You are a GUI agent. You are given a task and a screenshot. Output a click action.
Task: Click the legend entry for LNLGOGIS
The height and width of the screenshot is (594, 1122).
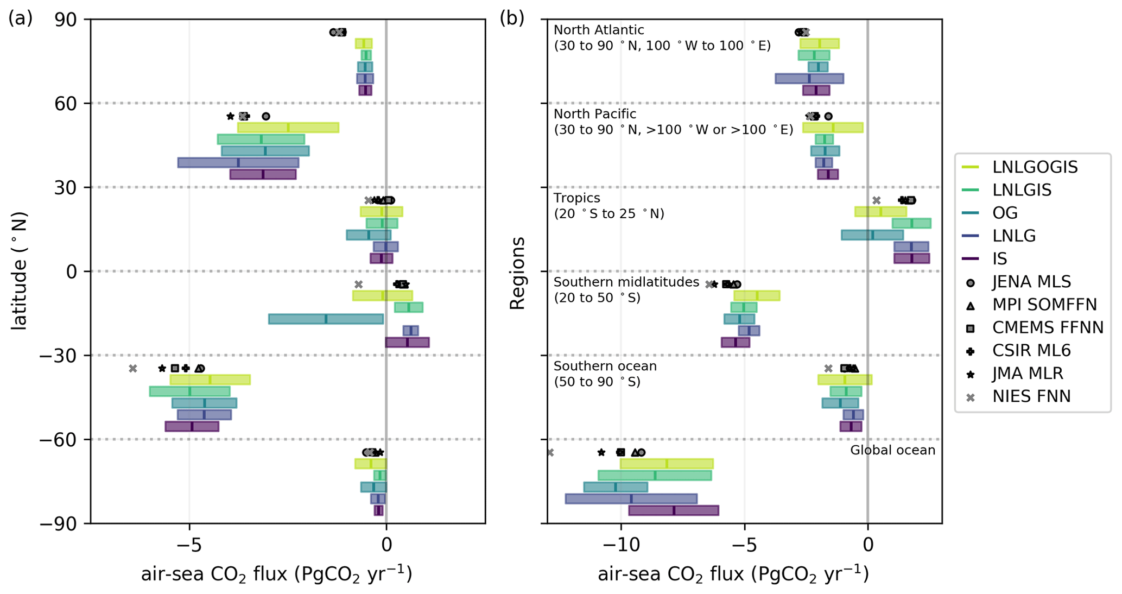click(1035, 167)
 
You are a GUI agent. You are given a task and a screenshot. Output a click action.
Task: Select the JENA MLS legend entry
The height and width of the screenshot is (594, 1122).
click(1031, 282)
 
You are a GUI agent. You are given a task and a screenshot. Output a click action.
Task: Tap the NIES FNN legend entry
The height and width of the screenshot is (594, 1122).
click(1031, 397)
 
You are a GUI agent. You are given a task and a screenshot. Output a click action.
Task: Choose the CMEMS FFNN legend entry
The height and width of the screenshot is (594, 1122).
click(1048, 328)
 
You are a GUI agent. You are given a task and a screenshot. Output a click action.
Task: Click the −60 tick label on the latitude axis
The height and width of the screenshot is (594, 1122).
click(60, 439)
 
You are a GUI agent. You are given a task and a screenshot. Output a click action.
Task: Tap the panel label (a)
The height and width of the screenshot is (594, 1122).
click(21, 18)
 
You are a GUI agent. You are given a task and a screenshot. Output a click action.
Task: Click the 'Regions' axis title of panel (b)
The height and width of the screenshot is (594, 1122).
click(517, 273)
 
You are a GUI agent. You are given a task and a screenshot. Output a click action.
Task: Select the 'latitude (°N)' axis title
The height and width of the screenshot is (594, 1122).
click(20, 270)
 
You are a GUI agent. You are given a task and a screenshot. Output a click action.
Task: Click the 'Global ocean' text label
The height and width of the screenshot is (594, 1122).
click(892, 450)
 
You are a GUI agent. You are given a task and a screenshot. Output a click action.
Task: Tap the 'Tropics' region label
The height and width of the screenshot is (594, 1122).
click(576, 198)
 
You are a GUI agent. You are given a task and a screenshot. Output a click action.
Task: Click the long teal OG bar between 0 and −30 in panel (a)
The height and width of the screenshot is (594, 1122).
click(326, 319)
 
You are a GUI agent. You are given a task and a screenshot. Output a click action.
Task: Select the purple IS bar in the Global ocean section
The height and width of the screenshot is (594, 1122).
click(673, 510)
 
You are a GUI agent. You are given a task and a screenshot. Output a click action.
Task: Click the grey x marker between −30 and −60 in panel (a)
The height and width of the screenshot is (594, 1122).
click(133, 369)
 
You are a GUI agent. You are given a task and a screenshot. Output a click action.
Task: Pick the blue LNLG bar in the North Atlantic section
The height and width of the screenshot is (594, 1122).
click(809, 78)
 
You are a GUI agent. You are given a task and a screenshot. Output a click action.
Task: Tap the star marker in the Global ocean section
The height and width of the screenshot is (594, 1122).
click(601, 452)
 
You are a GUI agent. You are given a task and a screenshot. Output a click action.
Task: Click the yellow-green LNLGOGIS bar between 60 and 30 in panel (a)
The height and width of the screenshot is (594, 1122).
click(288, 128)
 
